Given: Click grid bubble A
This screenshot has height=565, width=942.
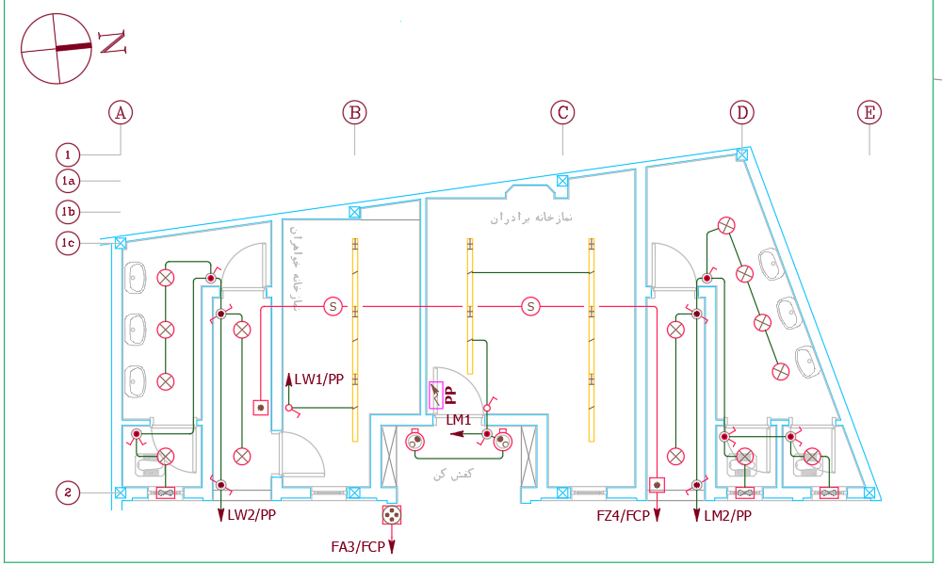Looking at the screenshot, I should click(x=120, y=113).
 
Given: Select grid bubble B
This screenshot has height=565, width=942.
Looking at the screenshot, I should click(x=354, y=113).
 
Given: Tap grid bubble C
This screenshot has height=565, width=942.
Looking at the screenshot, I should click(x=562, y=113).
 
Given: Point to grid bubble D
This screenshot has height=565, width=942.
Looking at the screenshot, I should click(x=742, y=113).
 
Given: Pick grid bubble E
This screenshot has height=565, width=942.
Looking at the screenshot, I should click(x=869, y=113).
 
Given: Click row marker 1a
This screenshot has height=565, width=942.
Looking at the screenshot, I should click(x=68, y=180).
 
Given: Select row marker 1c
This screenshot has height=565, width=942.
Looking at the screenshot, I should click(x=68, y=243).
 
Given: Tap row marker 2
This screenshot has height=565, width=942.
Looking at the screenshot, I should click(x=68, y=492).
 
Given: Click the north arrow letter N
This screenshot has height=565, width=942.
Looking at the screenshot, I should click(x=113, y=42).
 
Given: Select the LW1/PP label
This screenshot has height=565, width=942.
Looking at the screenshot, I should click(x=318, y=379).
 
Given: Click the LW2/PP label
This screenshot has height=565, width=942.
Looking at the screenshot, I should click(x=252, y=515).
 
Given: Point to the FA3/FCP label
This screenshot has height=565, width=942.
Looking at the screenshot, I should click(x=358, y=546).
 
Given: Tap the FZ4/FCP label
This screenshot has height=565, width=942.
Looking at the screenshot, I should click(x=623, y=515).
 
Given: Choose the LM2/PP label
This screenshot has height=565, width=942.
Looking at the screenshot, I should click(x=727, y=515).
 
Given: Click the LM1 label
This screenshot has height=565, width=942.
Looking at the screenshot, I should click(x=459, y=419).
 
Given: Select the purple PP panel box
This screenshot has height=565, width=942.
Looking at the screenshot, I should click(x=435, y=395).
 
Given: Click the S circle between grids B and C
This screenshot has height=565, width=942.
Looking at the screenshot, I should click(x=531, y=306).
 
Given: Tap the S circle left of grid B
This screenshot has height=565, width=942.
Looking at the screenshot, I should click(x=333, y=306).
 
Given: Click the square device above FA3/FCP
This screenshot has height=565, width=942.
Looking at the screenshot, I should click(x=392, y=515).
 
